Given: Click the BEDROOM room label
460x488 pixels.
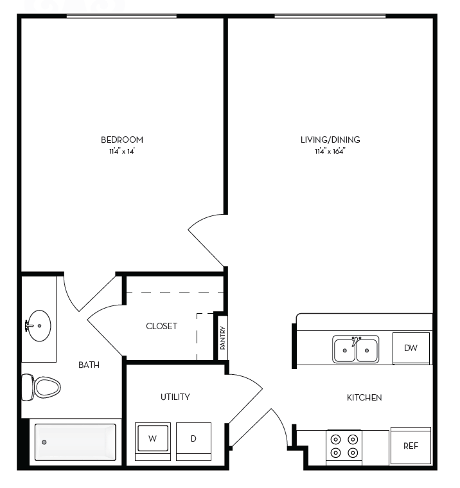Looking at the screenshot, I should [x=121, y=140].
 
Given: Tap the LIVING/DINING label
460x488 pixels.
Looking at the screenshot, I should [x=330, y=140].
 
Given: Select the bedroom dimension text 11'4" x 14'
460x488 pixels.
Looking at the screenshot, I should [x=121, y=152].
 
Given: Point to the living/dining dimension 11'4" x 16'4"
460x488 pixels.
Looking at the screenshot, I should [x=330, y=152].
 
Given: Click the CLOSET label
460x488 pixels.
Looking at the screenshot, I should [x=161, y=326].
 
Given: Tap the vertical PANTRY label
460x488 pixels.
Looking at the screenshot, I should [x=222, y=336].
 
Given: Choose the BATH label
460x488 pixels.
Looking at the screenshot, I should [x=89, y=365].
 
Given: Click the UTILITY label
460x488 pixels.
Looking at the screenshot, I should [x=175, y=397].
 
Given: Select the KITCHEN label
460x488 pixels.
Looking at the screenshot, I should [x=364, y=397].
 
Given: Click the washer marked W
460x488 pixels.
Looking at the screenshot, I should [x=153, y=438].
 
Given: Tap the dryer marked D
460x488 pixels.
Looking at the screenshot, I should [x=193, y=438].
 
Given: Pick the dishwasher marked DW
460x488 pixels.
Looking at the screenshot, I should [x=411, y=348].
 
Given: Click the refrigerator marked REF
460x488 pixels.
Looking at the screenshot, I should [x=411, y=446].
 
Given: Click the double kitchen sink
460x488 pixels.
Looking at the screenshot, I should [x=355, y=350].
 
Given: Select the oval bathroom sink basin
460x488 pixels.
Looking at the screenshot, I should [x=40, y=326].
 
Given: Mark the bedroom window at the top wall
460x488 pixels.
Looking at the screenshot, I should [x=121, y=16].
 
